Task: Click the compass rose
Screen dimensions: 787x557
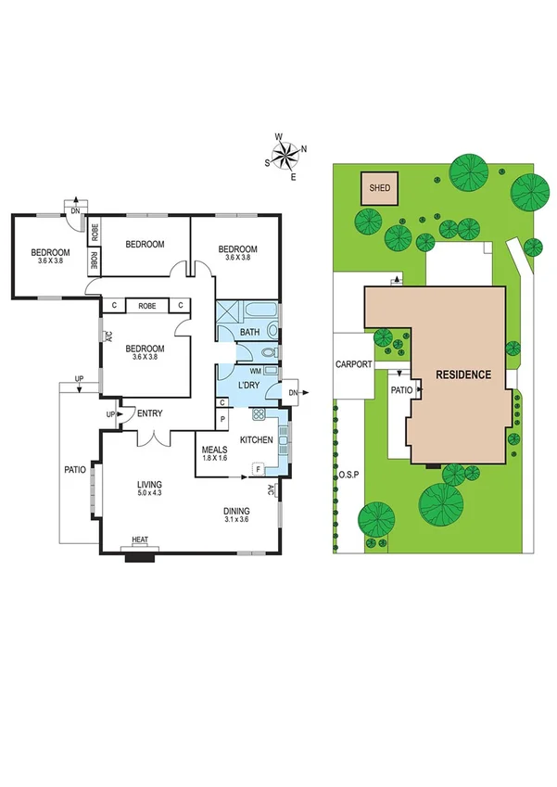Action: pos(288,154)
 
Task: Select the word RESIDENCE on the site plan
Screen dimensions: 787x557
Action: pos(464,374)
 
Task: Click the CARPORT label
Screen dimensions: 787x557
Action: pos(353,364)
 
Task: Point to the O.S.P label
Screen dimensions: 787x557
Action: pos(348,476)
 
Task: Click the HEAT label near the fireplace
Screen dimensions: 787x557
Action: pos(140,539)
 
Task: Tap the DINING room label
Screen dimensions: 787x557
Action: pos(237,511)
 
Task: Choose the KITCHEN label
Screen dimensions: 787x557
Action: pos(256,439)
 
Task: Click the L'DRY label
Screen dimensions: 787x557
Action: pos(248,385)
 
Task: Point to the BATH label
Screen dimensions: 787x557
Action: pos(249,332)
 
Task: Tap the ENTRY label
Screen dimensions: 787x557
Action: pos(150,413)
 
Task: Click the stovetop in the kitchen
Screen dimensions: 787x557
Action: pos(260,414)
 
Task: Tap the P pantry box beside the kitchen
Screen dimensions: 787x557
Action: pos(222,419)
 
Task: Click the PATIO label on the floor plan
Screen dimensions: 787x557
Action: pos(74,470)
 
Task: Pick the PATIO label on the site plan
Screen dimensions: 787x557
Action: pos(400,390)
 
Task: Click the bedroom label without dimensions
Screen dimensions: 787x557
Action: pos(145,244)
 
